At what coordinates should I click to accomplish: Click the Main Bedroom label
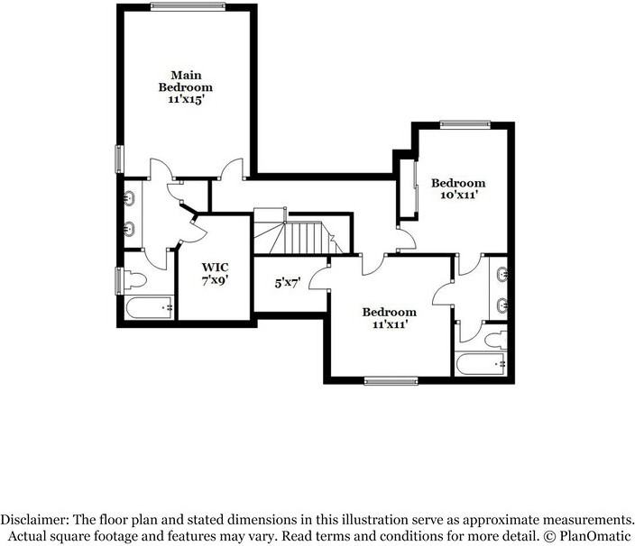point(186,81)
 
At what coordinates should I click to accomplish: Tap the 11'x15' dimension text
point(186,99)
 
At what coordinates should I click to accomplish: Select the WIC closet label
point(215,268)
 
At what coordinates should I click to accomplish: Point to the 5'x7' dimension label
point(288,284)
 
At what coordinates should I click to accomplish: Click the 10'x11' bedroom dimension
point(457,195)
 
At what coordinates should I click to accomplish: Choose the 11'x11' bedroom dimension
point(390,324)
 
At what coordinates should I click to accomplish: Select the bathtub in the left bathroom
point(149,308)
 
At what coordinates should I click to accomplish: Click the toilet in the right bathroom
point(496,341)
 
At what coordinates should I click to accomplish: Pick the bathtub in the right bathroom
point(481,364)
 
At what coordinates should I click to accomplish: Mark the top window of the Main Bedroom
point(188,6)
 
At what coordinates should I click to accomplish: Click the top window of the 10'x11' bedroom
point(465,124)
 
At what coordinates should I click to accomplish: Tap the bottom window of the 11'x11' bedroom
point(391,380)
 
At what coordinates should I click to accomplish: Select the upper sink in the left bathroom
point(130,198)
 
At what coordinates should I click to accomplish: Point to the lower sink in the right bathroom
point(502,305)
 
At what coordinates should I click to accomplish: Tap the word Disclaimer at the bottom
point(33,519)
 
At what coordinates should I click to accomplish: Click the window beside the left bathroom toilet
point(119,280)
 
